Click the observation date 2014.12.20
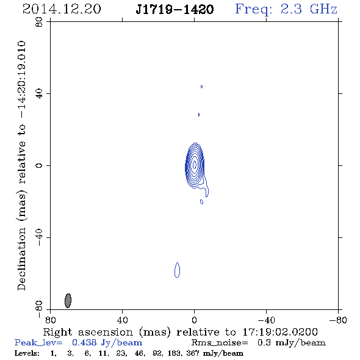point(62,9)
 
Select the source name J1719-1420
point(175,9)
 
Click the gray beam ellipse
point(68,300)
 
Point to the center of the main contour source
point(195,165)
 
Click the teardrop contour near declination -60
point(177,270)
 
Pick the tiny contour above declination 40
point(201,87)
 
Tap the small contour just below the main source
point(201,202)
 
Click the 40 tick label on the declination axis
point(39,94)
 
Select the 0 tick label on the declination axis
point(39,165)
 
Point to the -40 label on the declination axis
point(39,237)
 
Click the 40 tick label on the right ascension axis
point(123,320)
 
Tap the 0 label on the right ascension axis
point(194,320)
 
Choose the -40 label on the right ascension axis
point(266,320)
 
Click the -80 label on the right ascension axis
point(338,320)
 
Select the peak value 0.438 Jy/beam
point(107,342)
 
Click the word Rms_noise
point(220,343)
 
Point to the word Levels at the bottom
point(27,353)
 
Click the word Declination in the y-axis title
point(21,259)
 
